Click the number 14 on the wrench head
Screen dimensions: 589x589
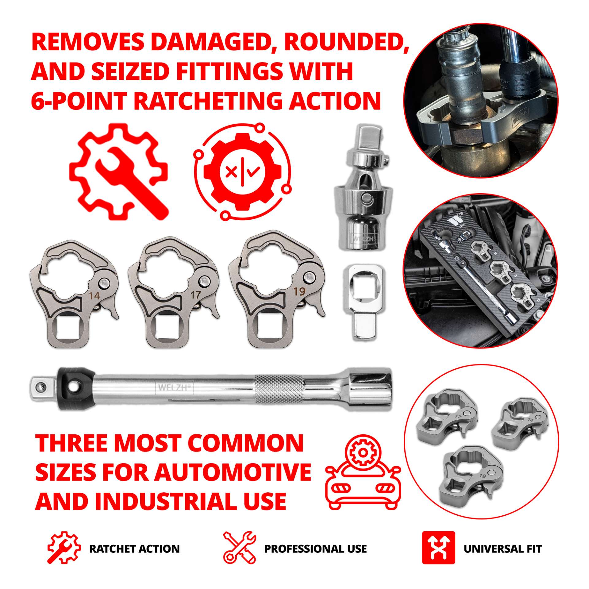tap(94, 296)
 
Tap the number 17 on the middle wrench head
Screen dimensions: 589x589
tap(195, 295)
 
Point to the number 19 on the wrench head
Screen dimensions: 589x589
tap(299, 291)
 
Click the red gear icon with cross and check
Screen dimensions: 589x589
tap(242, 171)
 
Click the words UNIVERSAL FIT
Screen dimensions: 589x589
tap(502, 549)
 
